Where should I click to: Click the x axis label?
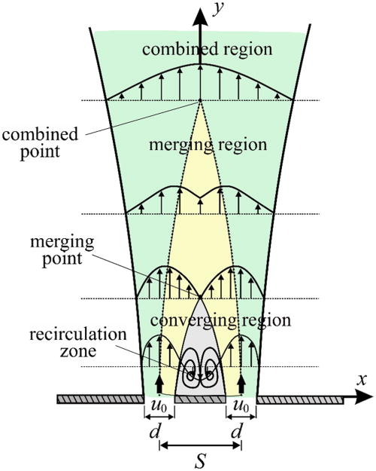[x=362, y=381]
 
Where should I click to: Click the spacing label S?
[x=200, y=461]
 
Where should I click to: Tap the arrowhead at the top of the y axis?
[x=200, y=11]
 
